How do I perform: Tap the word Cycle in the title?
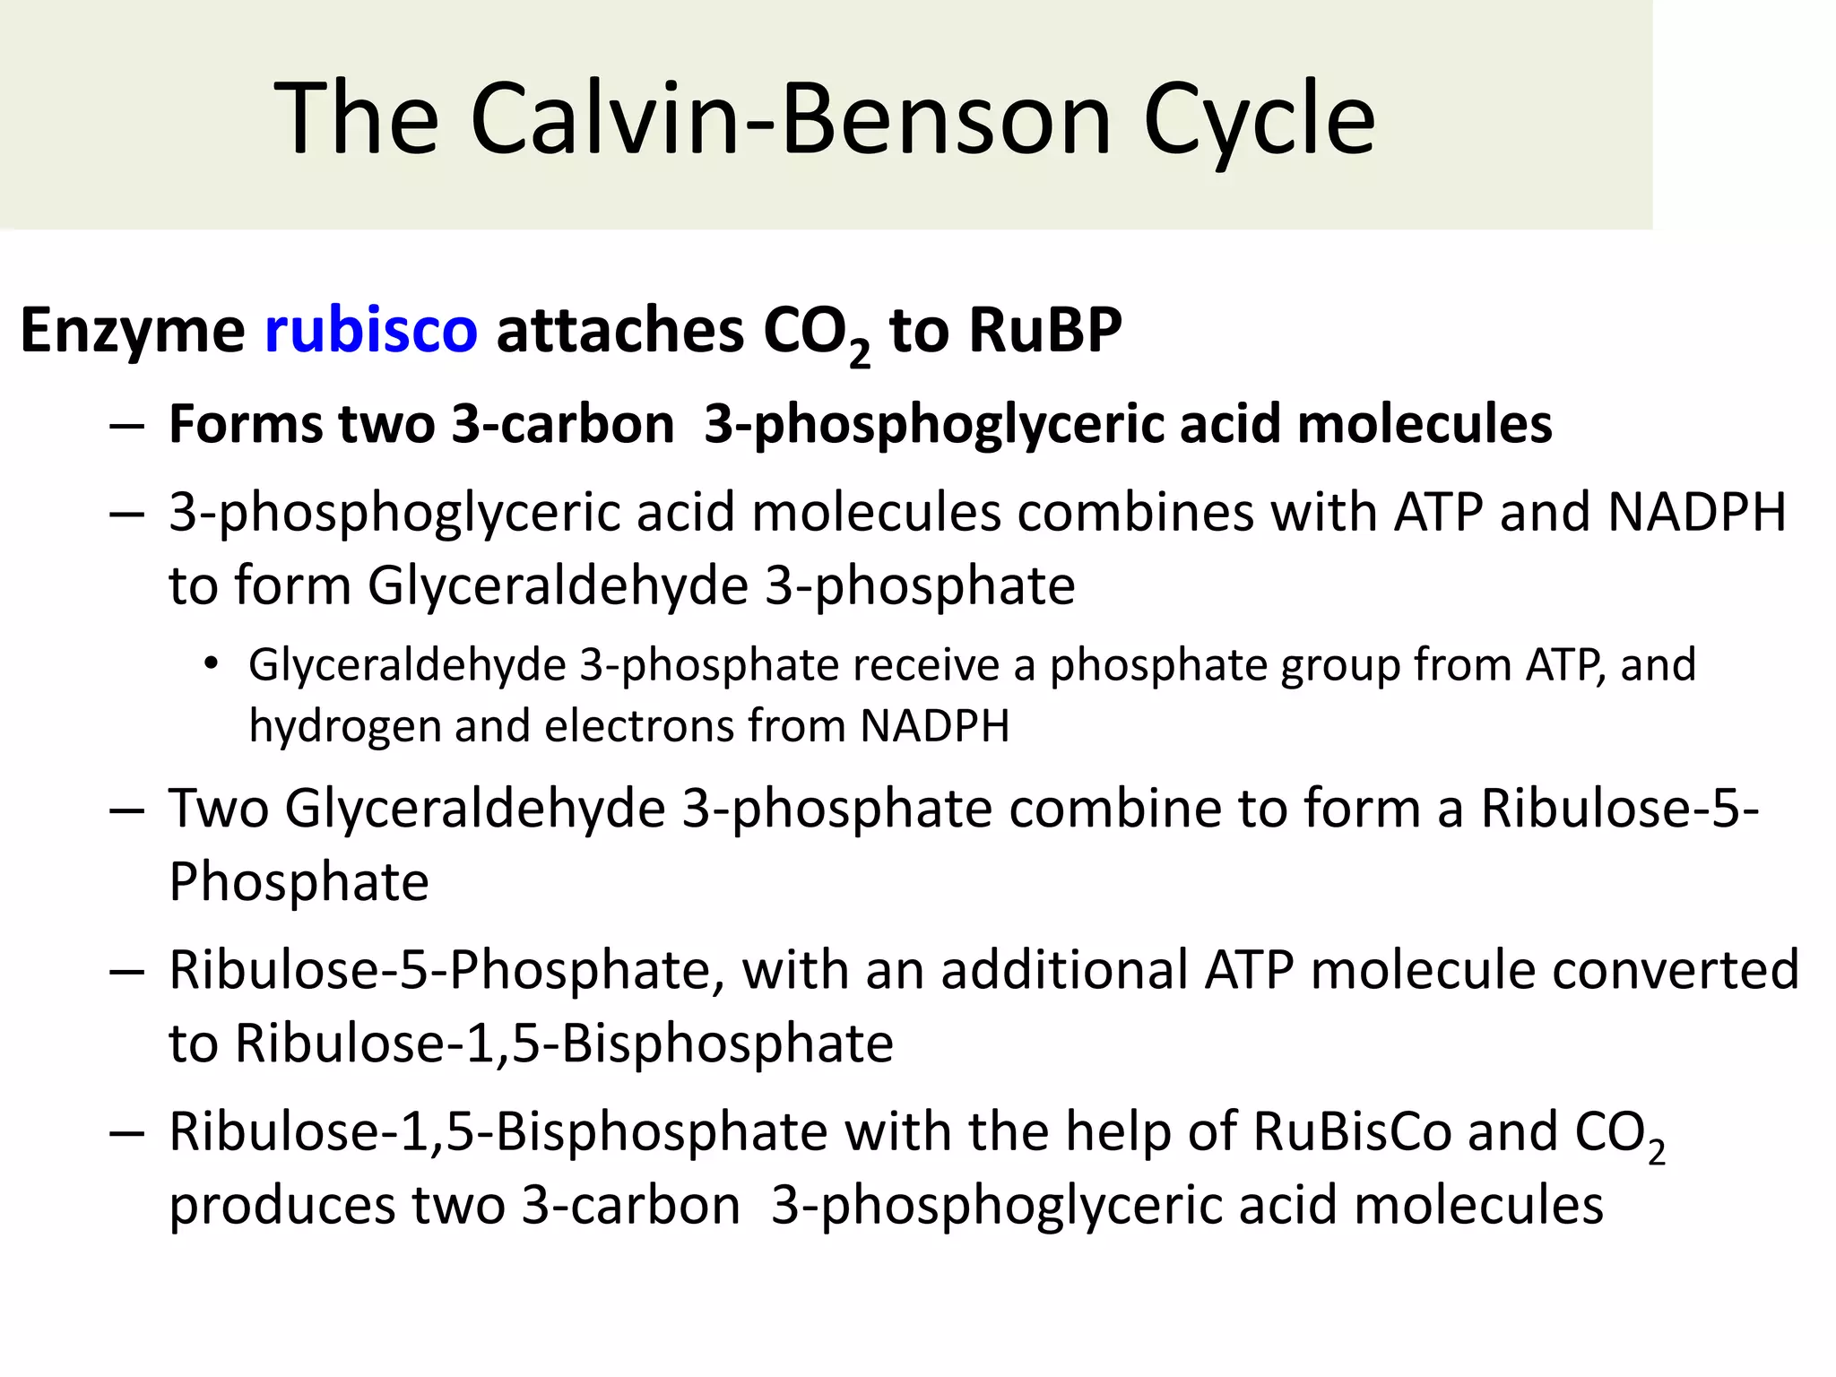(x=1259, y=119)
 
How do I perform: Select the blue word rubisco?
(x=371, y=329)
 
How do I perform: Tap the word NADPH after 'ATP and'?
(x=1697, y=512)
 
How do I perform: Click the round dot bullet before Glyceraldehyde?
(x=211, y=664)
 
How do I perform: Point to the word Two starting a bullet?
(x=219, y=808)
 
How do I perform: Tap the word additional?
(x=1064, y=969)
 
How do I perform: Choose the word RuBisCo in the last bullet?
(x=1352, y=1130)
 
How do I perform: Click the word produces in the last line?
(x=281, y=1206)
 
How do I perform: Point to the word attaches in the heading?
(x=619, y=329)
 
